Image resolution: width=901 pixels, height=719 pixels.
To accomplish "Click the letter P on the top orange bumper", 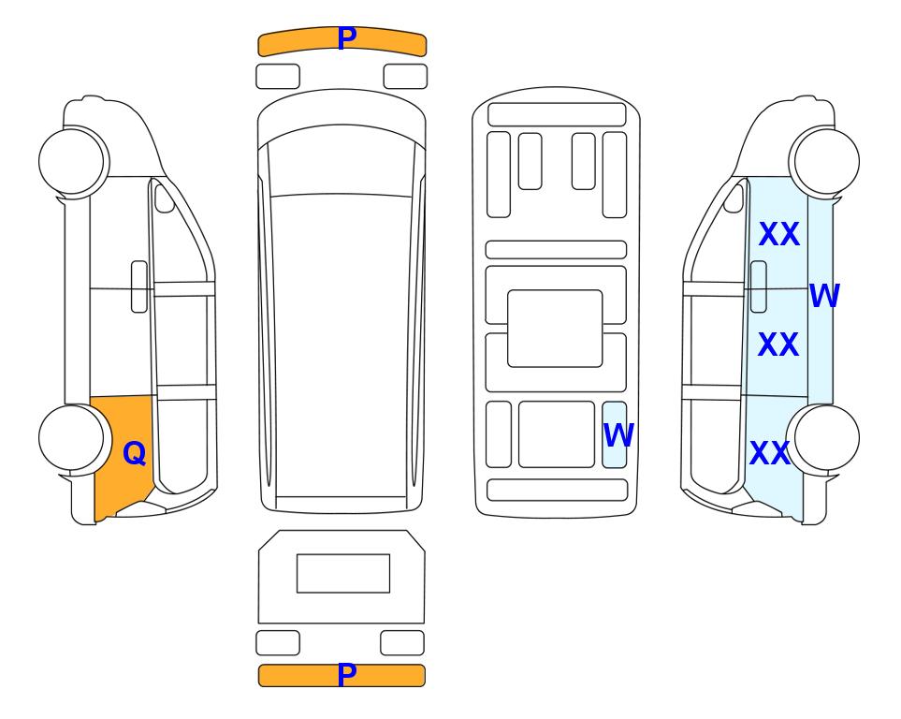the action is click(346, 38).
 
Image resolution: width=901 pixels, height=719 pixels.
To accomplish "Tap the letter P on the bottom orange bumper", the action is click(346, 675).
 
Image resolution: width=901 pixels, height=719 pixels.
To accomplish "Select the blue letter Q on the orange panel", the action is click(135, 453).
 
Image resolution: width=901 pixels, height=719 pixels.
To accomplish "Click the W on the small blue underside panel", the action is click(618, 434).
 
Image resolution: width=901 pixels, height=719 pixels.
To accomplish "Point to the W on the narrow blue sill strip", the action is click(824, 295).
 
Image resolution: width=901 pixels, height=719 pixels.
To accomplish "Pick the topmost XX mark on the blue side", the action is click(779, 234).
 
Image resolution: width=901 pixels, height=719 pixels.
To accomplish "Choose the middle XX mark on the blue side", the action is click(778, 345).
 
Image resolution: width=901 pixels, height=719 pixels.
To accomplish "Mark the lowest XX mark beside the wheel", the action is click(770, 453).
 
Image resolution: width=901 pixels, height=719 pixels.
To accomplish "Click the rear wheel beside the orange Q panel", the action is click(72, 438).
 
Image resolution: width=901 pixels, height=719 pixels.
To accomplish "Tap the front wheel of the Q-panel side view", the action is click(72, 161).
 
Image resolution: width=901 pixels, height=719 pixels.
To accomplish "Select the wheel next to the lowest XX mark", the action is click(826, 438).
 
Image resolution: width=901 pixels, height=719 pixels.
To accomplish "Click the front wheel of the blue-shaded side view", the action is click(826, 161).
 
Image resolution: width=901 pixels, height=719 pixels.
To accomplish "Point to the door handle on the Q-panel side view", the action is click(139, 286).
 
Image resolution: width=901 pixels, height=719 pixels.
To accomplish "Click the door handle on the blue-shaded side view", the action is click(759, 286).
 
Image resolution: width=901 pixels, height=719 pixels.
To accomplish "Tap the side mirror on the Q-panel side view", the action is click(165, 198).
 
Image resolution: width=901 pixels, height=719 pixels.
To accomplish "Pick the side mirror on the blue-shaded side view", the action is click(734, 198).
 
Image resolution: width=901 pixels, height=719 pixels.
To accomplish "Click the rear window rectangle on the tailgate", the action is click(343, 574).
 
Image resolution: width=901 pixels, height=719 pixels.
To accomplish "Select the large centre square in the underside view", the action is click(555, 329).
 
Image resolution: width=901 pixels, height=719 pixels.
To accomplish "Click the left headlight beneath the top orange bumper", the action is click(278, 77).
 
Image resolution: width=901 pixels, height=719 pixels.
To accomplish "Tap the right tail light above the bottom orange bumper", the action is click(402, 643).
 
